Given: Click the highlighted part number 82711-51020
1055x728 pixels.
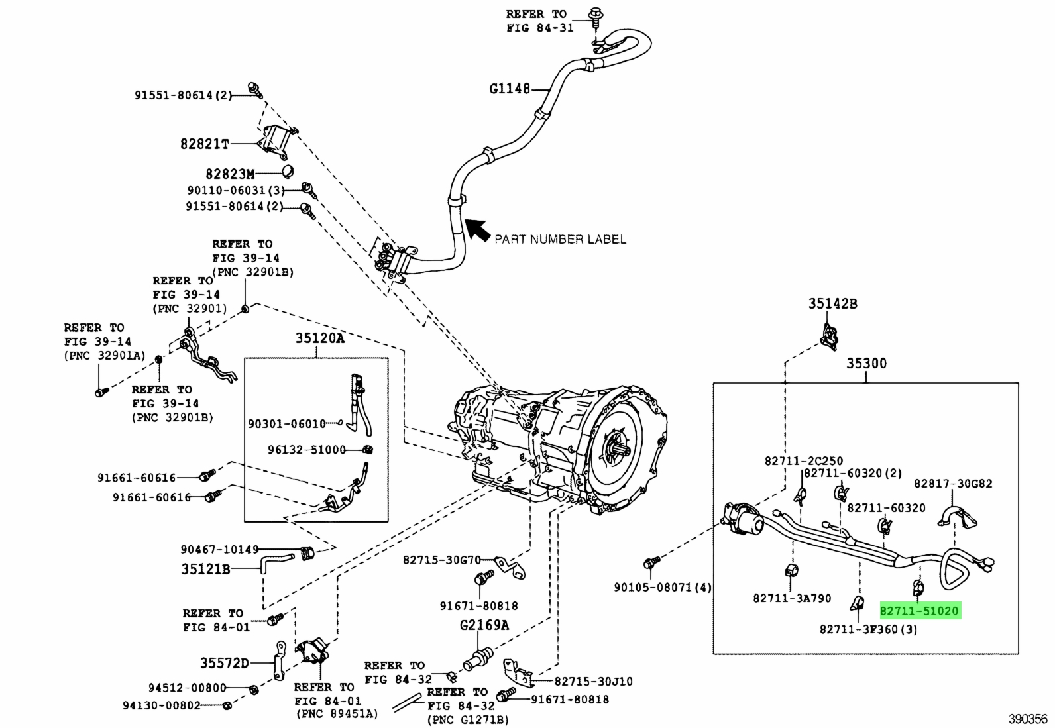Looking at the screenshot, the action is click(x=919, y=611).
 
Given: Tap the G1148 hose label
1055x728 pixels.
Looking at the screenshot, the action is click(x=510, y=89).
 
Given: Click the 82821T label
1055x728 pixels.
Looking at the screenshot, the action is click(x=204, y=144).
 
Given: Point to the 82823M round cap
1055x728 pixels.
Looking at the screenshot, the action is click(x=288, y=172).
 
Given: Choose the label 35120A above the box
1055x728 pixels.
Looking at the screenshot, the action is click(x=320, y=338).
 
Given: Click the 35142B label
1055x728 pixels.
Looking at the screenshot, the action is click(x=833, y=304).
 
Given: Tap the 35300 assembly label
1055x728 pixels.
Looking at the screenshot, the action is click(x=867, y=363).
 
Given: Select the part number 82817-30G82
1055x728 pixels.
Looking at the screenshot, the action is click(x=953, y=484).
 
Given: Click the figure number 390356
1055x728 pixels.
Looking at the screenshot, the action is click(x=1028, y=719).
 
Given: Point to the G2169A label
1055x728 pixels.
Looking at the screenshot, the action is click(x=484, y=625).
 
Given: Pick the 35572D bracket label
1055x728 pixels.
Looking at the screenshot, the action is click(x=224, y=663).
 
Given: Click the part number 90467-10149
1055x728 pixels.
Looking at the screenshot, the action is click(x=220, y=549).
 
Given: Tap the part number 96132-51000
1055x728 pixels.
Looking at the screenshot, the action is click(x=307, y=450).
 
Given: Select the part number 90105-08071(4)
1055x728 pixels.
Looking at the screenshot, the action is click(x=663, y=587).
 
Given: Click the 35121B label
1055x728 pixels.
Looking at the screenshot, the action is click(x=206, y=569).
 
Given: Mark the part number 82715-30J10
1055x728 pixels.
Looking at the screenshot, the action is click(x=594, y=681).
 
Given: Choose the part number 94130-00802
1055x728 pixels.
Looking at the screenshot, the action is click(x=162, y=705).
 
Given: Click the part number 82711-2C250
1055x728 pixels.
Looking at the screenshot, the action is click(x=804, y=460).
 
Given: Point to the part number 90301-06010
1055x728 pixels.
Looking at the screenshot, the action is click(x=288, y=423).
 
